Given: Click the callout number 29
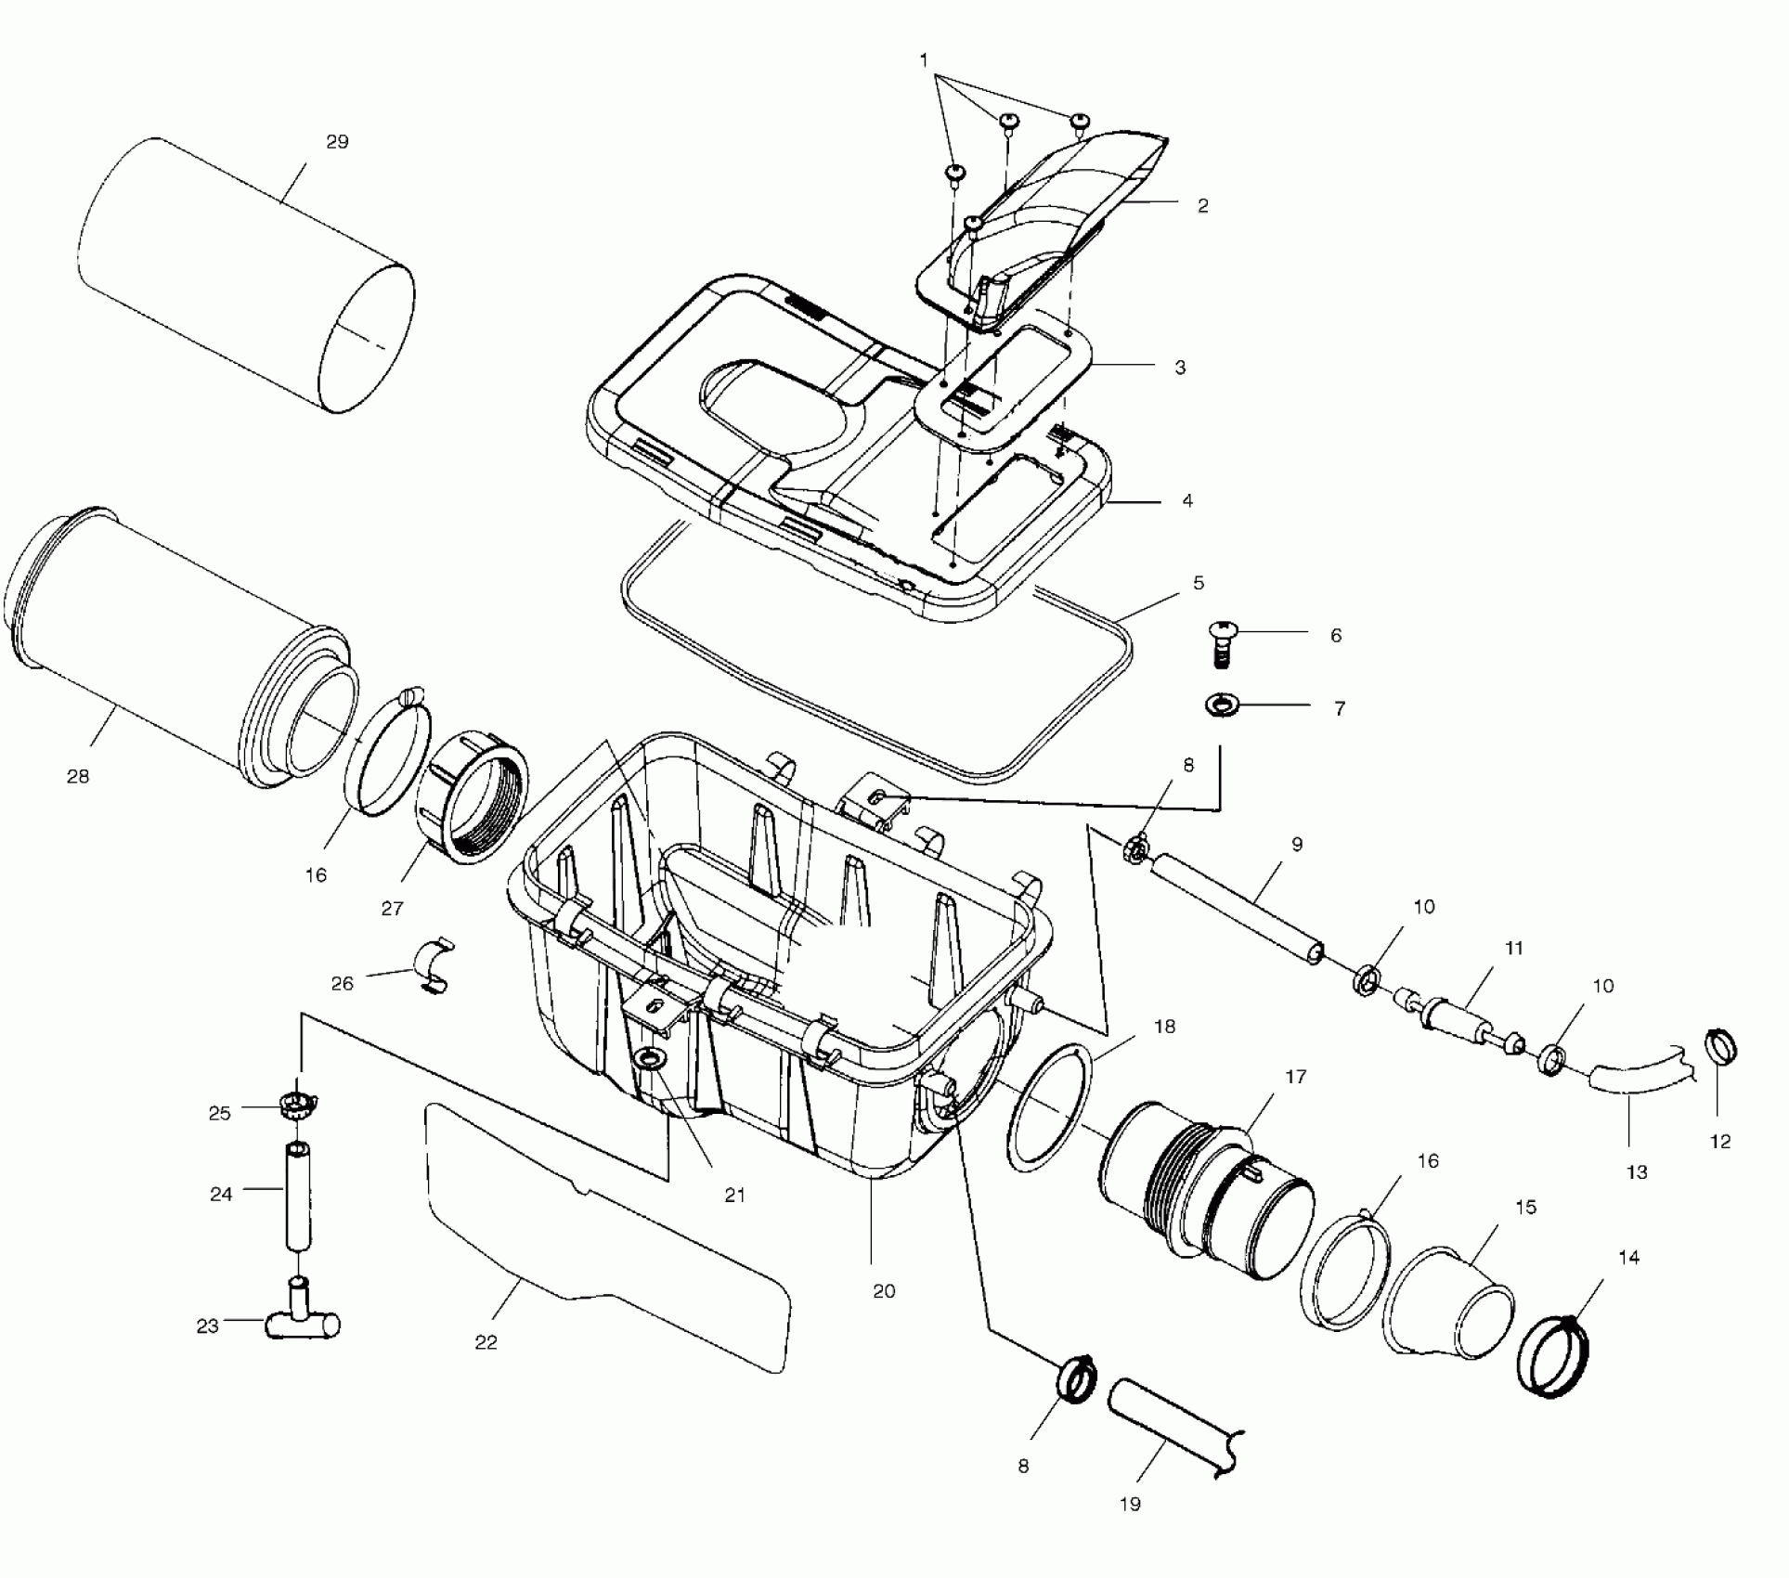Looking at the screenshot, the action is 337,142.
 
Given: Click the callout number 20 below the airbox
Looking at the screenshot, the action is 884,1291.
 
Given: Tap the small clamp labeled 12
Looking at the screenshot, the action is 1721,1049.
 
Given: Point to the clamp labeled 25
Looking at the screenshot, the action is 297,1105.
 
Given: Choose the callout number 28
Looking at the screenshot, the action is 78,776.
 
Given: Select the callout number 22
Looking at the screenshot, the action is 486,1341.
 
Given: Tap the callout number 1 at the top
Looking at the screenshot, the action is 924,60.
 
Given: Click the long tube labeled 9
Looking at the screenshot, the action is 1235,910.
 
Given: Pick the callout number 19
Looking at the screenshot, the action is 1130,1505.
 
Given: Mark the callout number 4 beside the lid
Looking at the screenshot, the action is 1187,501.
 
